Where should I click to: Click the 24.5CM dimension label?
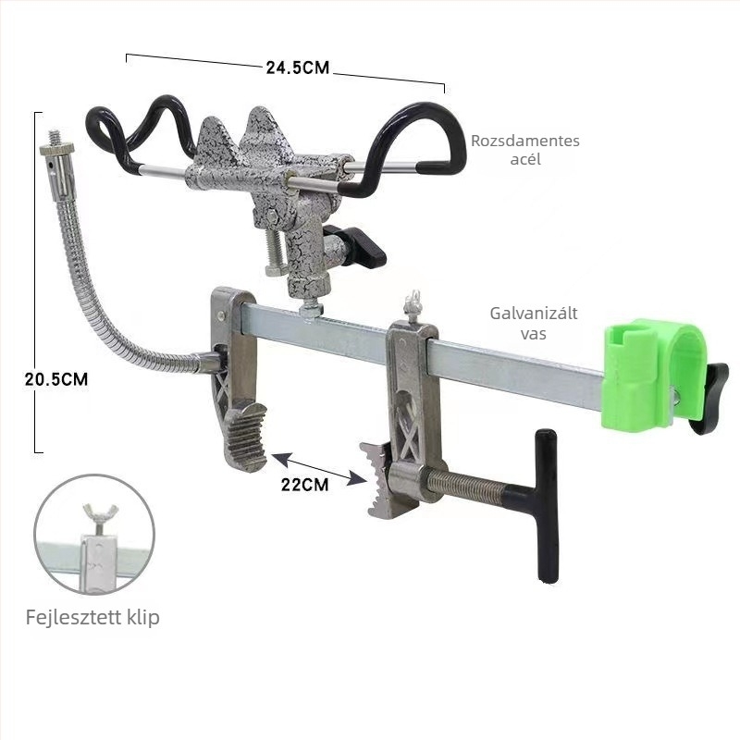(x=297, y=68)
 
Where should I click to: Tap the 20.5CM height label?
(x=56, y=379)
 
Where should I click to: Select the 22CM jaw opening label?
(x=305, y=485)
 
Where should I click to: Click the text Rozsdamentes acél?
(x=525, y=150)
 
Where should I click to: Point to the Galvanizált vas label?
(x=534, y=323)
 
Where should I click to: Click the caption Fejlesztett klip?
(x=92, y=617)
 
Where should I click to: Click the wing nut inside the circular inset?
(x=100, y=512)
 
